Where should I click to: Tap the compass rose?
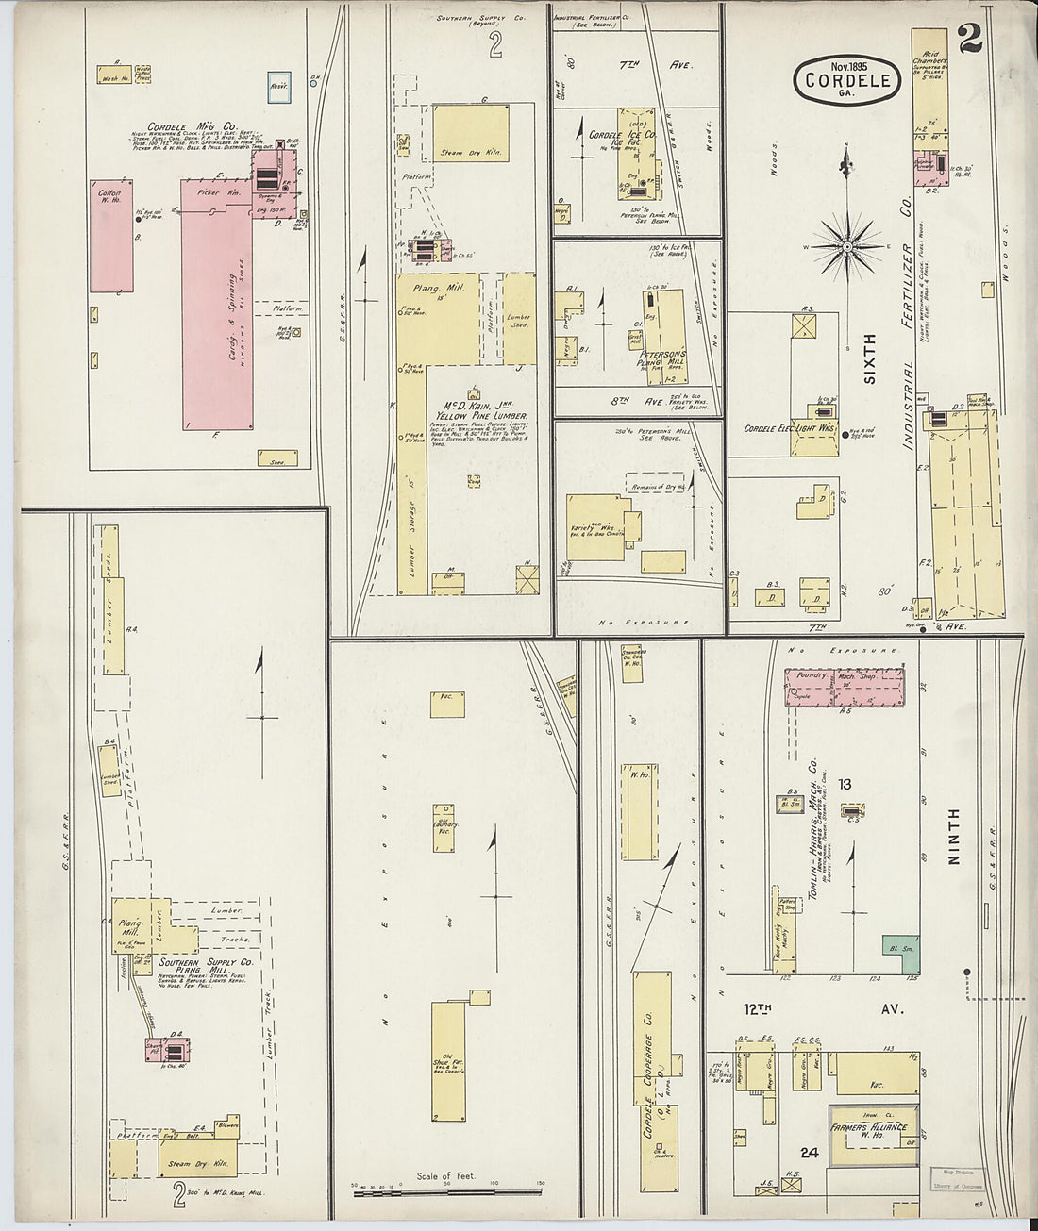point(846,247)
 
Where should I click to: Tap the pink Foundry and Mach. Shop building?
point(844,688)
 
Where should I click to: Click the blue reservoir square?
point(279,86)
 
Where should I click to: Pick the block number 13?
point(844,783)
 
